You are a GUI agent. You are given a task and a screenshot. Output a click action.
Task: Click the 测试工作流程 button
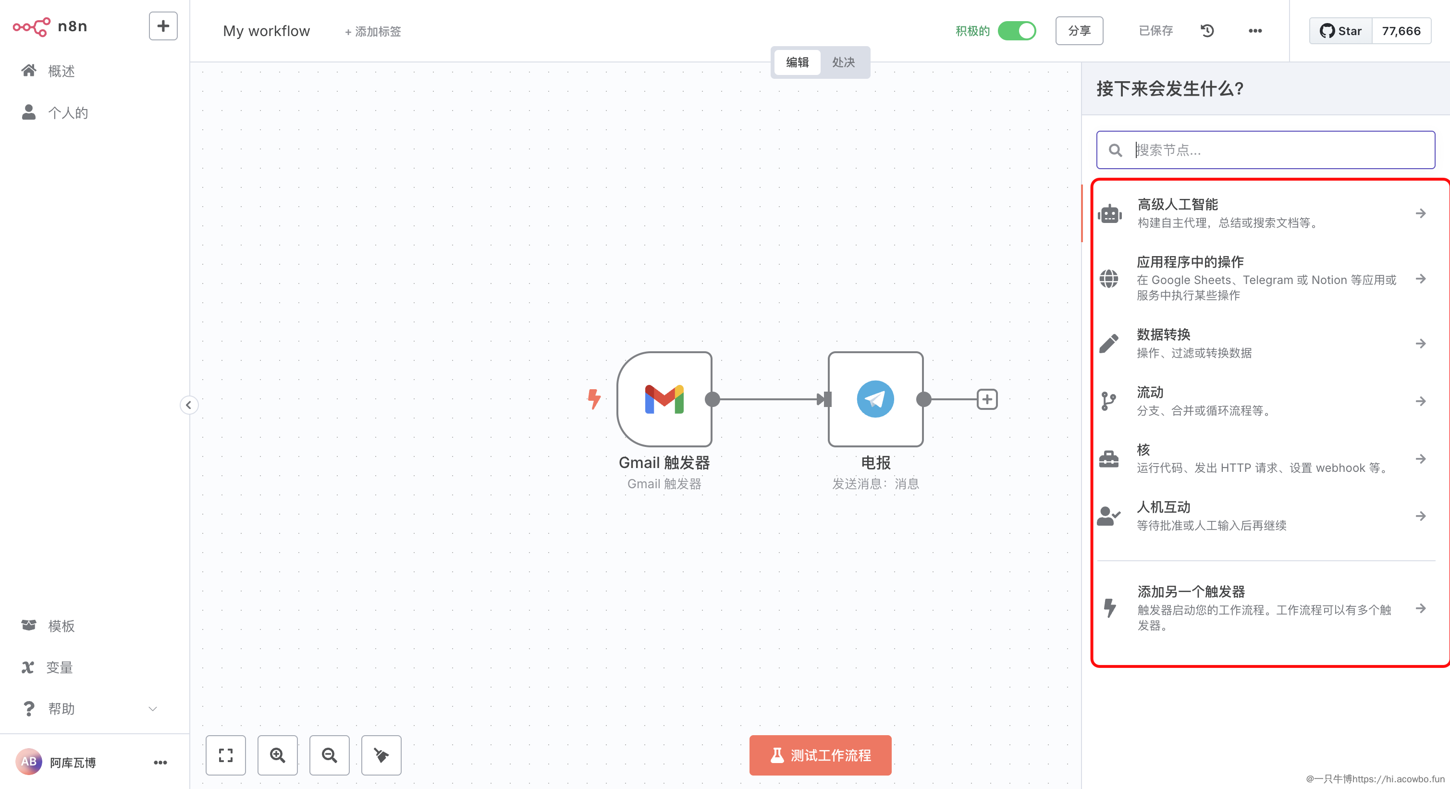pyautogui.click(x=820, y=755)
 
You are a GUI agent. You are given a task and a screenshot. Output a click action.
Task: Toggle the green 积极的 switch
pyautogui.click(x=1017, y=31)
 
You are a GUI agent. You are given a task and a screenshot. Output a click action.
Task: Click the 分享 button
pyautogui.click(x=1079, y=31)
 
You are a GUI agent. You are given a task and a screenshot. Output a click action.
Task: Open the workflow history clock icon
pyautogui.click(x=1207, y=31)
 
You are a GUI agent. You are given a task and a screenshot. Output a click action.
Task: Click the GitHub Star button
pyautogui.click(x=1341, y=31)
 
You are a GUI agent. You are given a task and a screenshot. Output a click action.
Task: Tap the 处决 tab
pyautogui.click(x=843, y=62)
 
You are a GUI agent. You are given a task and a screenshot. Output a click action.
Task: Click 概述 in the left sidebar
pyautogui.click(x=61, y=71)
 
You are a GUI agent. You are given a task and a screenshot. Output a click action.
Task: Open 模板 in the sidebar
pyautogui.click(x=61, y=626)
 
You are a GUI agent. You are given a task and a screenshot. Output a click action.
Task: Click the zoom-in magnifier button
pyautogui.click(x=278, y=755)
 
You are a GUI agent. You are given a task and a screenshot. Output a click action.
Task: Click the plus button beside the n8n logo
pyautogui.click(x=163, y=26)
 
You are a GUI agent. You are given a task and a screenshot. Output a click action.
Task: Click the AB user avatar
pyautogui.click(x=29, y=762)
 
